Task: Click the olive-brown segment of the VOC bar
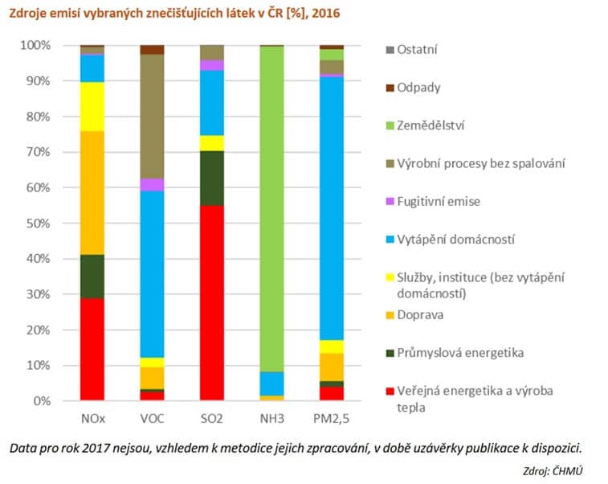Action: [x=153, y=117]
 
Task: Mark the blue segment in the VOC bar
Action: [x=153, y=273]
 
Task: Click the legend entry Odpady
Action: [x=418, y=88]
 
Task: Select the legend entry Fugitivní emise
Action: [x=439, y=201]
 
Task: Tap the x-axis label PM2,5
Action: [x=332, y=418]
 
